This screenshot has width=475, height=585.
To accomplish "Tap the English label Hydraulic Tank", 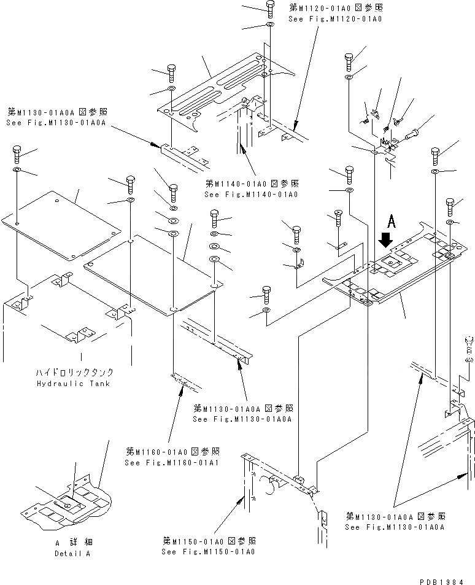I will tap(82, 383).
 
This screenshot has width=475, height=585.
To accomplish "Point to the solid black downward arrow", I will tap(386, 238).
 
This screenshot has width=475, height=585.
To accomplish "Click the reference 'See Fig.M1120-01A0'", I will tap(335, 18).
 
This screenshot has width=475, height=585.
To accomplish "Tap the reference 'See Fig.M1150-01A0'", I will tap(208, 551).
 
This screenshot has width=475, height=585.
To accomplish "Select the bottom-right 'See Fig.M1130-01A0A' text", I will tap(395, 527).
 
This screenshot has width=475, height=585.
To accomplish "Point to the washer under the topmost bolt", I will tap(270, 25).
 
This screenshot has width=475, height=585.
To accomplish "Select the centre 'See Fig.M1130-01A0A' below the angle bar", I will tap(242, 419).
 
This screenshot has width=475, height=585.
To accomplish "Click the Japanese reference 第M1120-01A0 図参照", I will tap(336, 8).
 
